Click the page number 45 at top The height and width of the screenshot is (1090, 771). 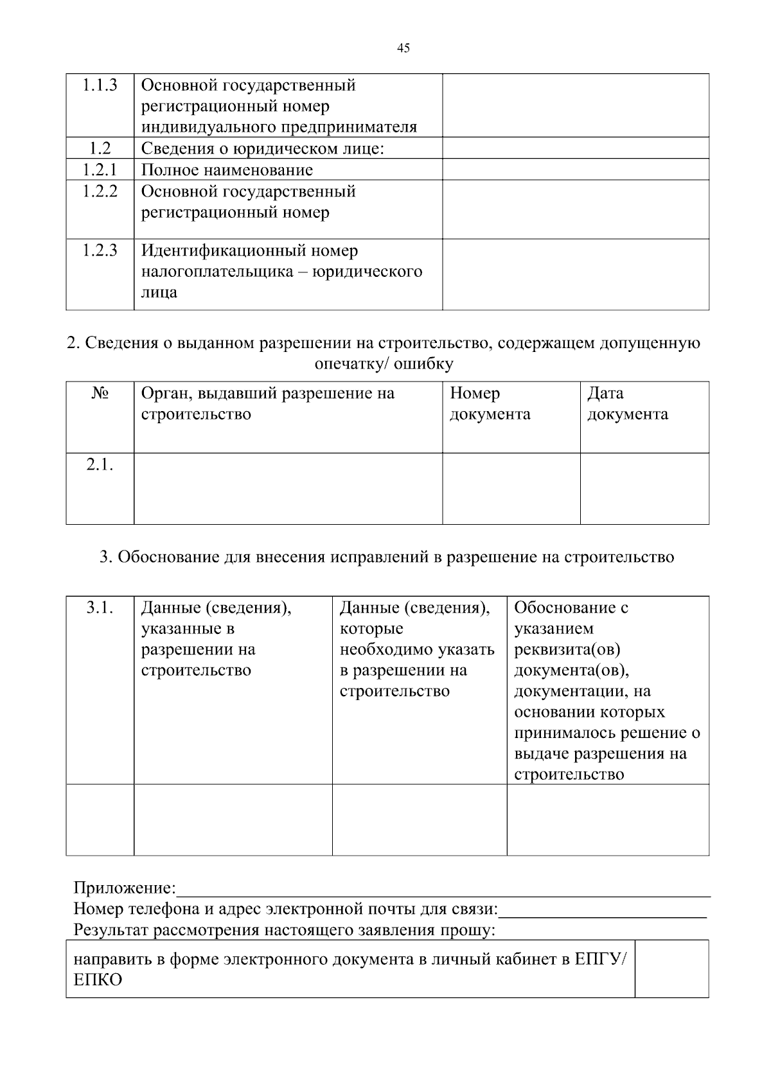click(x=403, y=48)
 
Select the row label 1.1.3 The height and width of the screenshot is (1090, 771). click(x=100, y=85)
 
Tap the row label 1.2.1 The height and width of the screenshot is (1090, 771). click(x=100, y=170)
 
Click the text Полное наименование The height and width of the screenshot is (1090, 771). click(x=227, y=170)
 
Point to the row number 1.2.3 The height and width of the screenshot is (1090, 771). click(x=100, y=251)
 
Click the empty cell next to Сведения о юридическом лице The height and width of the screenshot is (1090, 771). click(x=575, y=148)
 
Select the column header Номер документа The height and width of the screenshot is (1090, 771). click(x=490, y=403)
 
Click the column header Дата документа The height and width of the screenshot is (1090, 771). click(x=627, y=403)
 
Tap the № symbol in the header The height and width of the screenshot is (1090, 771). click(x=100, y=393)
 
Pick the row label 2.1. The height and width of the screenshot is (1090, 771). click(x=100, y=464)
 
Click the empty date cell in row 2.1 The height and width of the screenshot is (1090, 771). click(x=644, y=488)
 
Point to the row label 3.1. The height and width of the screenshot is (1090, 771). click(x=100, y=608)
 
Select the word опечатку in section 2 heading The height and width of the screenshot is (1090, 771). click(x=350, y=364)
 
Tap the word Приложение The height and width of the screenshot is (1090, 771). click(x=124, y=888)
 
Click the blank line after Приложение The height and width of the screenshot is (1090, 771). click(x=443, y=890)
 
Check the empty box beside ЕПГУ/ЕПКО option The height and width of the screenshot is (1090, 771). click(x=671, y=969)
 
